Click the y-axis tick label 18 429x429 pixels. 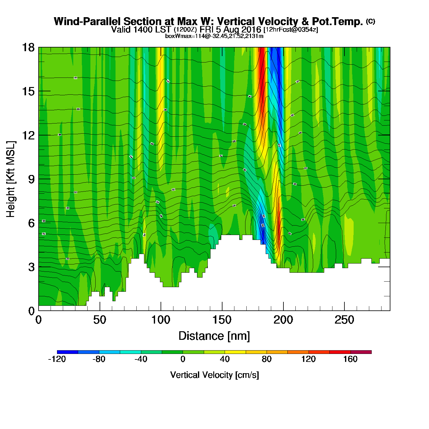(x=28, y=47)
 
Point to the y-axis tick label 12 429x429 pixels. (x=28, y=135)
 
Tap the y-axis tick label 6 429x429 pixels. (x=31, y=223)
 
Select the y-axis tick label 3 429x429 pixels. (x=31, y=267)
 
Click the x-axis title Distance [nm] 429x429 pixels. (x=214, y=336)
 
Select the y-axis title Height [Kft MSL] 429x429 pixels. (x=11, y=179)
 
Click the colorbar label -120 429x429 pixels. (x=57, y=359)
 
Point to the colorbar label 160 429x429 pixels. (x=350, y=359)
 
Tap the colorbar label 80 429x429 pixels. (x=267, y=359)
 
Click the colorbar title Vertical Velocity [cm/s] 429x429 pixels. (x=214, y=375)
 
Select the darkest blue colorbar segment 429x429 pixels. (x=67, y=352)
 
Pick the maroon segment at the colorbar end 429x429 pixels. (x=361, y=352)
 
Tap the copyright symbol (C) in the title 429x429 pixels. (x=370, y=21)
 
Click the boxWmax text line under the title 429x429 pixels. (x=214, y=36)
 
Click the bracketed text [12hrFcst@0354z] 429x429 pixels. (x=290, y=29)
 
